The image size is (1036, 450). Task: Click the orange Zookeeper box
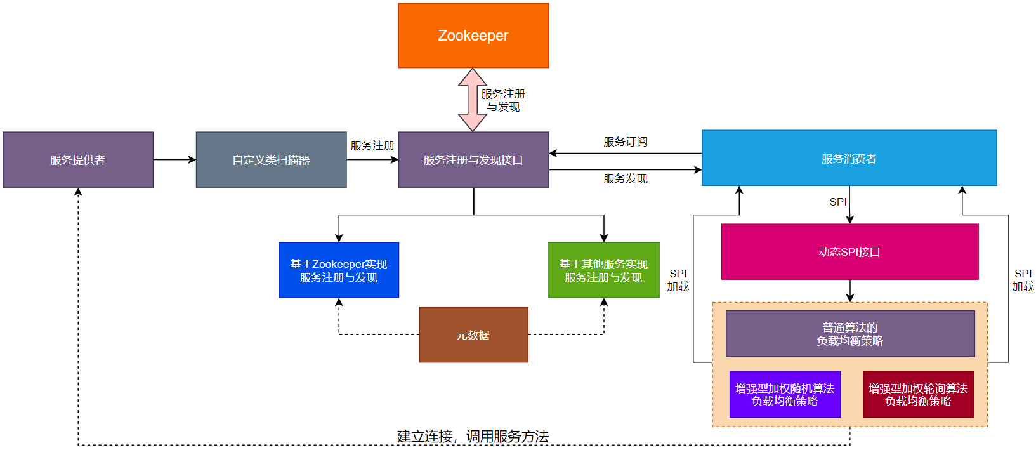click(473, 36)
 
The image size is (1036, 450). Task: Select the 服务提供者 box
click(78, 160)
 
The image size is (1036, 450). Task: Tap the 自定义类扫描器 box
click(271, 160)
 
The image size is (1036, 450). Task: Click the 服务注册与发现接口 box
click(473, 160)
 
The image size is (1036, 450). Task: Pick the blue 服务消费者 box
click(849, 158)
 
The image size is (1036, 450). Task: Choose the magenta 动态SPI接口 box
click(849, 252)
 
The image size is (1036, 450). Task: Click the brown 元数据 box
click(473, 334)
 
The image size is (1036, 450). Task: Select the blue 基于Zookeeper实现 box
click(339, 270)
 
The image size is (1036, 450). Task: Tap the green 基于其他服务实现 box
click(603, 270)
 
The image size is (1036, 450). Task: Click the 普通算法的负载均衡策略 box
click(849, 334)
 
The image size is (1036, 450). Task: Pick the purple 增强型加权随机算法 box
click(785, 394)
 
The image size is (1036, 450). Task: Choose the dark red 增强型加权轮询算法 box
click(918, 394)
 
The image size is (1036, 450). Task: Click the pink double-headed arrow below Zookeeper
click(473, 100)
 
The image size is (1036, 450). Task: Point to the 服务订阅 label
click(625, 142)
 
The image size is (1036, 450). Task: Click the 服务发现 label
click(625, 179)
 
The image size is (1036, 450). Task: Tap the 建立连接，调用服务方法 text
click(473, 436)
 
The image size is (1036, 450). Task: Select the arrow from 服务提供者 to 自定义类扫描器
click(174, 160)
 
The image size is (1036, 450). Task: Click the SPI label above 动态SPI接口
click(838, 202)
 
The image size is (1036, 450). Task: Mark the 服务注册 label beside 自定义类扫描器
click(372, 145)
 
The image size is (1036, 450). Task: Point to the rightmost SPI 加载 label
click(1023, 280)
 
